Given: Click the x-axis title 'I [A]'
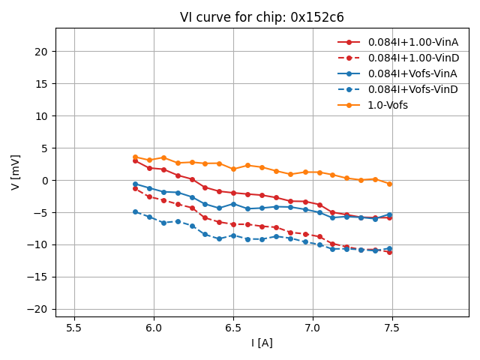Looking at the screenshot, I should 262,343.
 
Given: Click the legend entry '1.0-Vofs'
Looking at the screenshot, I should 388,105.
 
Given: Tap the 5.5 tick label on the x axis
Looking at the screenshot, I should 74,328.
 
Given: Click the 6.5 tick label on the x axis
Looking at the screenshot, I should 233,328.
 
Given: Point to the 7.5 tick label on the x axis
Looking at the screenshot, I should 391,328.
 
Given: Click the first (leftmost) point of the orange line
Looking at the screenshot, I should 135,157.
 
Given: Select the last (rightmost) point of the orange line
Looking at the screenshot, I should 389,184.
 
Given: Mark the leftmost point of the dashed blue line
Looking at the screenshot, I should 135,211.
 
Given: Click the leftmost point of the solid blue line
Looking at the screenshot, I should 135,184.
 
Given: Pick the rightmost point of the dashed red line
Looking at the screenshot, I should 389,252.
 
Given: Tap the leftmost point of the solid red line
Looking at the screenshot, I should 135,160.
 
